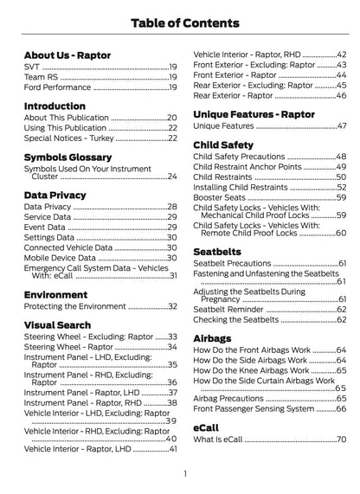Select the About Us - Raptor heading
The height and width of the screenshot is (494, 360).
67,55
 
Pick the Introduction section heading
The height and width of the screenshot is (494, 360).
55,106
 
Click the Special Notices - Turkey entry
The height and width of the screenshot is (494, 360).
68,138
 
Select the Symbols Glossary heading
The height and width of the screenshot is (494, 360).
68,157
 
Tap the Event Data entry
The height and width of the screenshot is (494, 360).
43,227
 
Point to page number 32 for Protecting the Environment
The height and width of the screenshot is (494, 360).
171,307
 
